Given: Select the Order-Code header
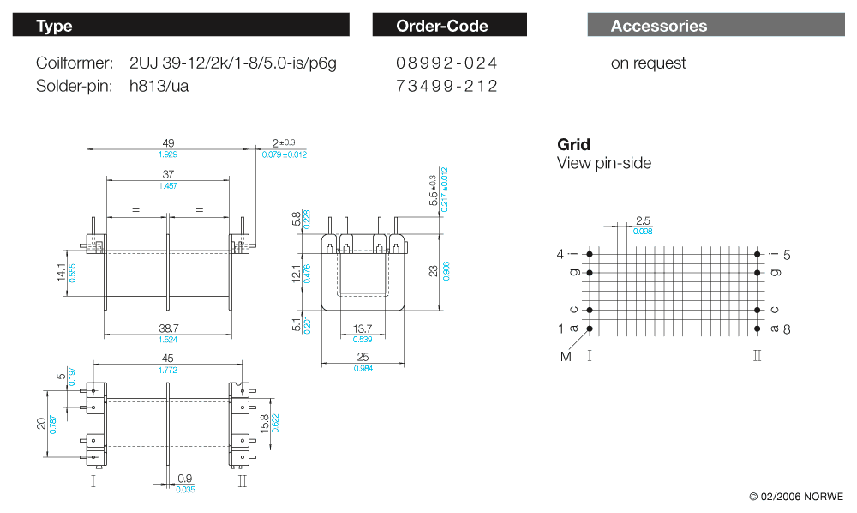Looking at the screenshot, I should tap(449, 26).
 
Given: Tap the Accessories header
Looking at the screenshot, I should tap(716, 26).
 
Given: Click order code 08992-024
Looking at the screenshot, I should tap(446, 63).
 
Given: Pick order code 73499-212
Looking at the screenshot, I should tap(446, 86).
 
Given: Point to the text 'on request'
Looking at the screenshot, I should tap(648, 63).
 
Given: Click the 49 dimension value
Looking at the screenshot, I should tap(168, 143).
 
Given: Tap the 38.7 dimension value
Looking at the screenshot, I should tap(168, 329).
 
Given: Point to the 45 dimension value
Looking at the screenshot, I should tap(168, 359).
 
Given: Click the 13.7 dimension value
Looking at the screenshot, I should tap(363, 329).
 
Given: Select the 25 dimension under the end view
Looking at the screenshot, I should tap(363, 357).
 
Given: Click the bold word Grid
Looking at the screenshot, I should tap(573, 144).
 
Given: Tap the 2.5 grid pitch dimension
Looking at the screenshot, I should tap(643, 221).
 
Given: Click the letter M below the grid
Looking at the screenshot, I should tap(566, 356).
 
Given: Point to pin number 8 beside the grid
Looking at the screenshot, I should tap(786, 329).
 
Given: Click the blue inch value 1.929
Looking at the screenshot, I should tap(168, 154).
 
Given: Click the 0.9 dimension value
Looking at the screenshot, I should tap(184, 479).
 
